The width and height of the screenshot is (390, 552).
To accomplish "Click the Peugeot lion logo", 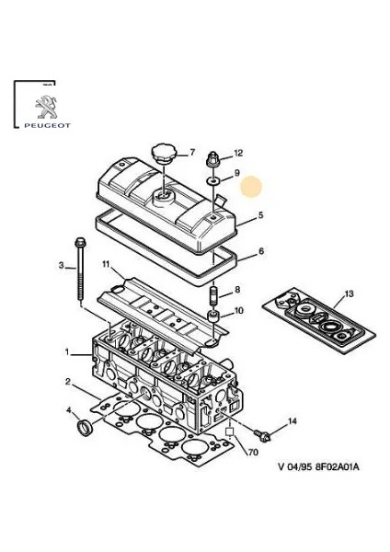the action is tap(46, 107).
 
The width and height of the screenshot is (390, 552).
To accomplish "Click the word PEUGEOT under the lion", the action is tap(48, 125).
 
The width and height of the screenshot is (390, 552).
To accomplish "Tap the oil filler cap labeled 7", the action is tap(163, 154).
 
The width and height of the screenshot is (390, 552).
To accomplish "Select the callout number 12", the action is tap(238, 153).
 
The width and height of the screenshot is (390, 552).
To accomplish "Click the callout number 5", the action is tap(260, 214).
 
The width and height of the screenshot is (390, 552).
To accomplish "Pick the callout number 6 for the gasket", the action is tap(261, 251).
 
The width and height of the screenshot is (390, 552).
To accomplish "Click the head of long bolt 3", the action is tap(80, 242).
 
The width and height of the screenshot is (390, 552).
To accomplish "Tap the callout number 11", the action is tap(106, 264).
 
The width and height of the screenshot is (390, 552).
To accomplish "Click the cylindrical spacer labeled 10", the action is tap(213, 316).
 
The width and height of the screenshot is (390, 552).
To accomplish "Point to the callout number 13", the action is tap(349, 293).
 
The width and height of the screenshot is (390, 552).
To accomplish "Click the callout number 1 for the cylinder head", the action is tap(67, 351).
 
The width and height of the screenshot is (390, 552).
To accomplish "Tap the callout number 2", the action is tap(68, 382).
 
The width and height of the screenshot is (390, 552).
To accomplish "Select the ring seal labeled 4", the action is tap(86, 428).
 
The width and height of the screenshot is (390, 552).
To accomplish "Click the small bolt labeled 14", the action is tap(262, 435).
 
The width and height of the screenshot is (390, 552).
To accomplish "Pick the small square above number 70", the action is tap(230, 431).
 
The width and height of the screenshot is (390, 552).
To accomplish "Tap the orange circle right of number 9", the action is tap(251, 187).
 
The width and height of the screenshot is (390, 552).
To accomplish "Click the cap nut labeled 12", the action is tap(213, 160).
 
